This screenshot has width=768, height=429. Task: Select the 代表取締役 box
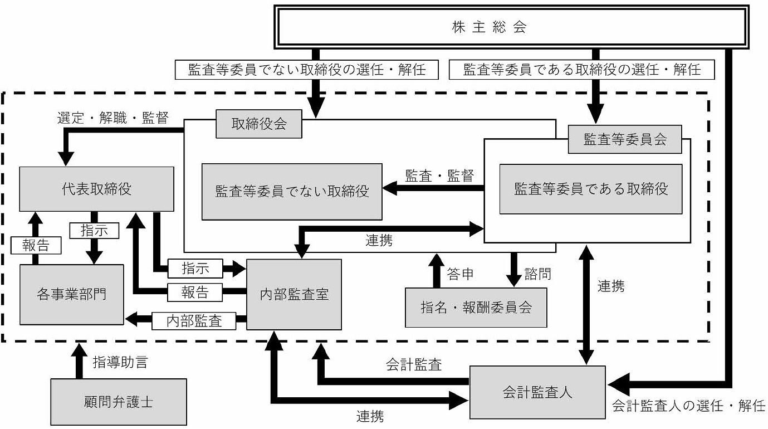tap(97, 189)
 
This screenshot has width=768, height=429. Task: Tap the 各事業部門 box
tap(72, 294)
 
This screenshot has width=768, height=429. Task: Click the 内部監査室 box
tap(294, 294)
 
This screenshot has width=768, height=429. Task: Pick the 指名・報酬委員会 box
tap(476, 307)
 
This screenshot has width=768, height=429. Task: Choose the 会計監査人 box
tap(537, 392)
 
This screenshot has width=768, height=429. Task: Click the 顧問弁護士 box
tap(119, 401)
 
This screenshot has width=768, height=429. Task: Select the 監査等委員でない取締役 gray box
tap(292, 192)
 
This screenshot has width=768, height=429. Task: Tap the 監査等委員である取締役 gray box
tap(590, 189)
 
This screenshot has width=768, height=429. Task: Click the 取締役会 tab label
tap(259, 124)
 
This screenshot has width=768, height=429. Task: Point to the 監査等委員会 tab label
tap(625, 139)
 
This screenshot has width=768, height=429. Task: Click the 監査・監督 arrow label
tap(439, 176)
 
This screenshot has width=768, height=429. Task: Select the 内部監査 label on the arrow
tap(194, 320)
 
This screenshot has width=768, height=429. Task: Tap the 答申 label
tap(460, 274)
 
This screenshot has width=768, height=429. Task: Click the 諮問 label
tap(537, 274)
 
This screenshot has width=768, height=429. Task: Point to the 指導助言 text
tap(120, 363)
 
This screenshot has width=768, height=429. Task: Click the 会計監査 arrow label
tap(414, 365)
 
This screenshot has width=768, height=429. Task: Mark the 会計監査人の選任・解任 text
tap(688, 406)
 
